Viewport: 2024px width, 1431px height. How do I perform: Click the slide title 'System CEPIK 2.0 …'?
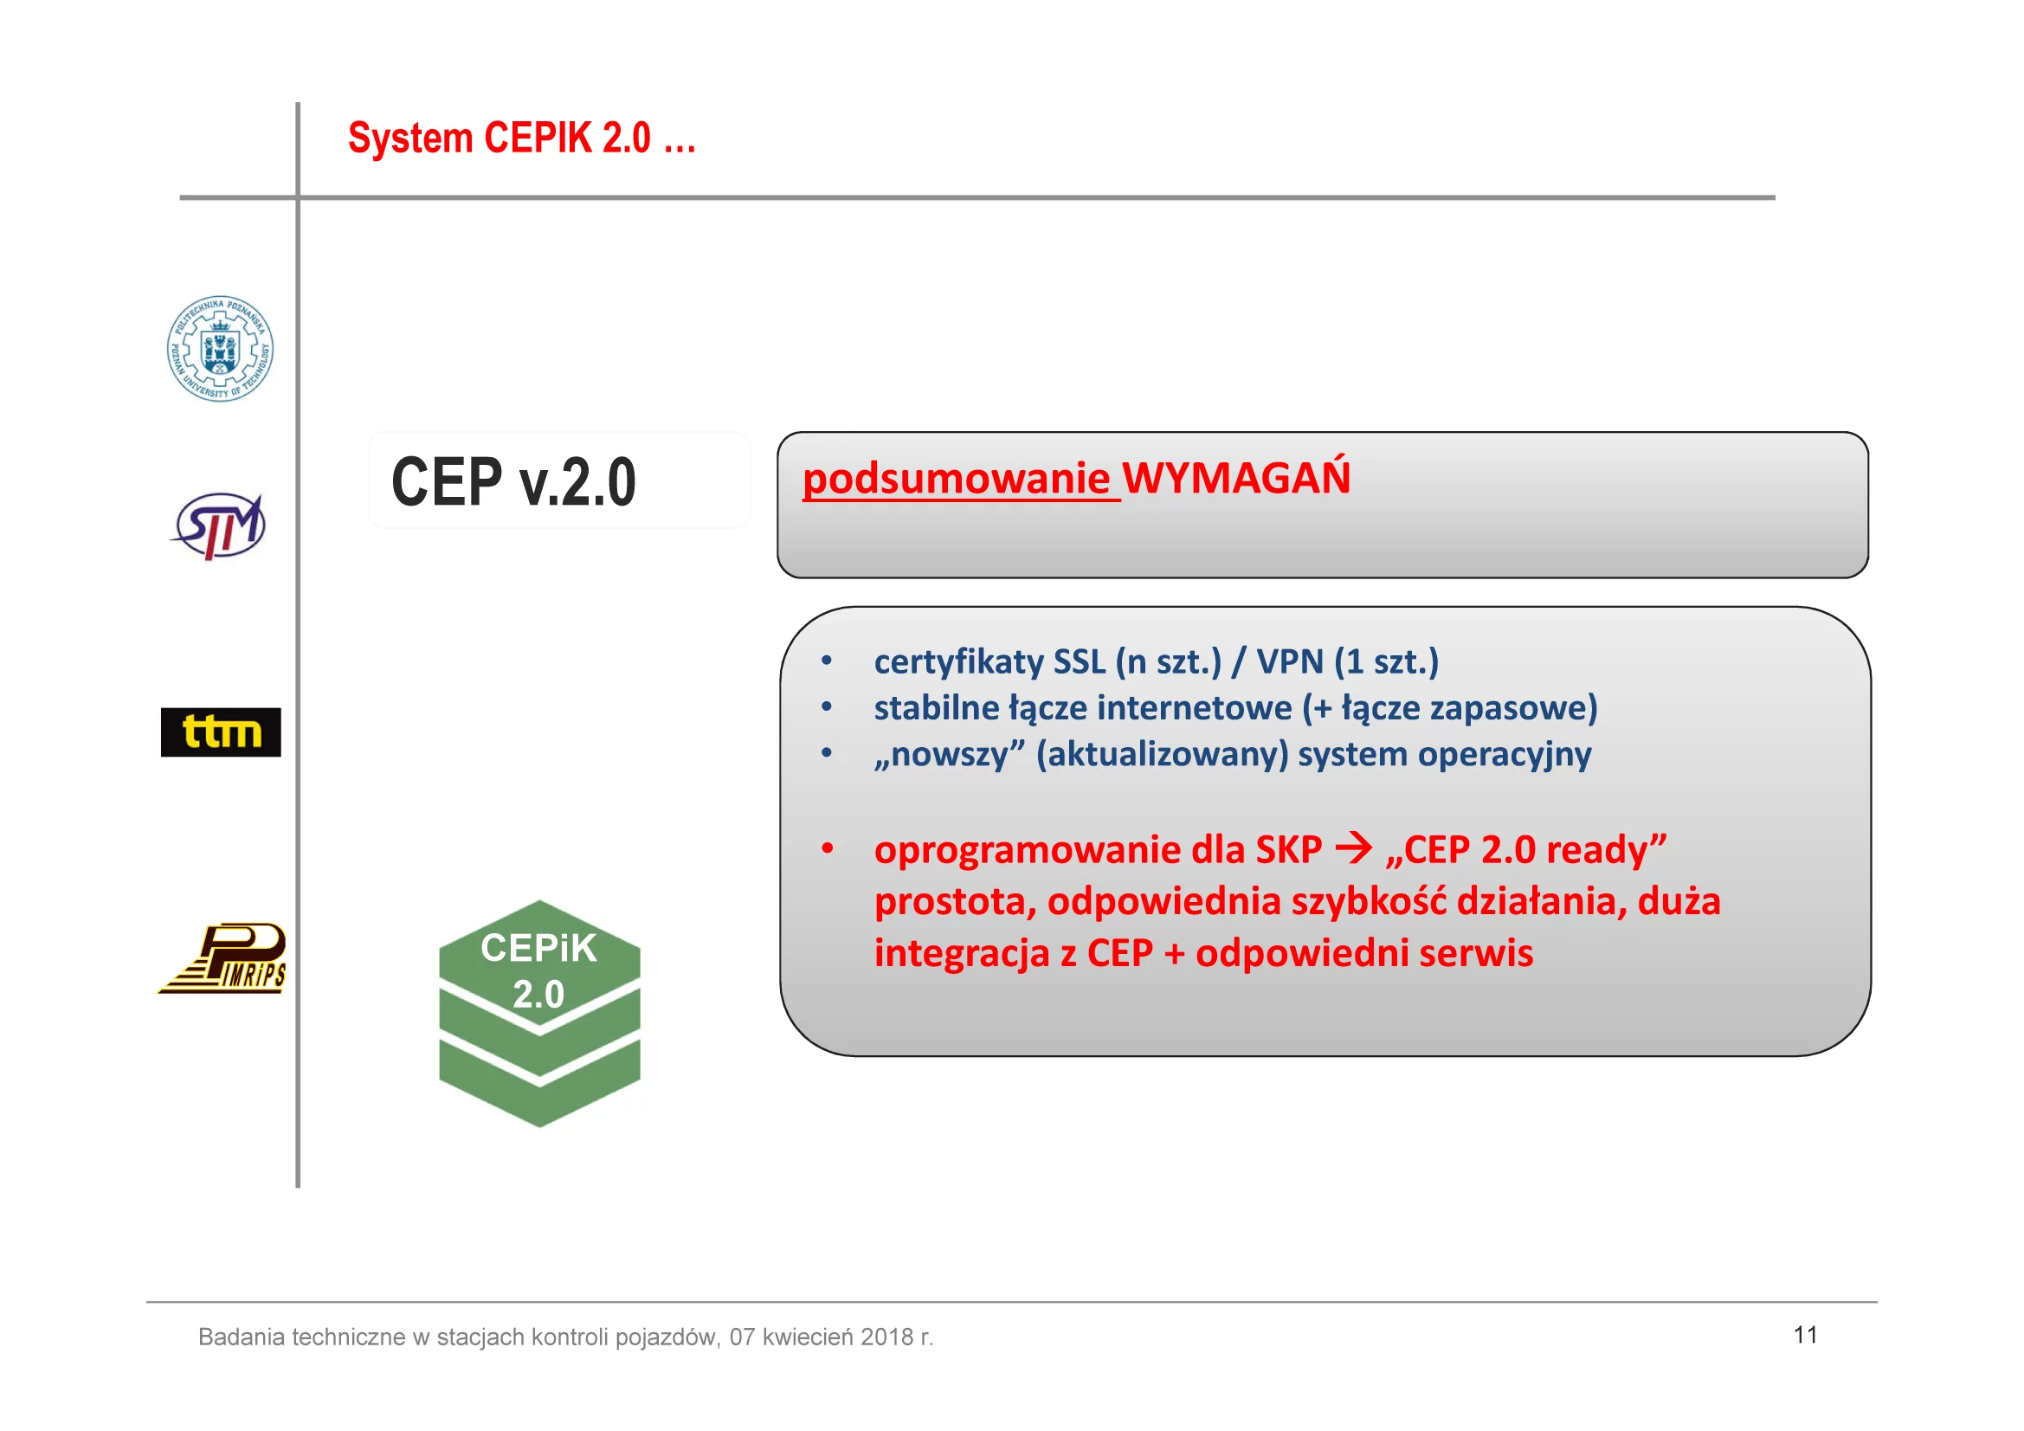522,139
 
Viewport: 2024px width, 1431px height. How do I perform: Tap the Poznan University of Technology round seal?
221,349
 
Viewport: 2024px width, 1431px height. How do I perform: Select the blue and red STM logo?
218,526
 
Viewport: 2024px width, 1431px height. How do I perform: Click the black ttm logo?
221,732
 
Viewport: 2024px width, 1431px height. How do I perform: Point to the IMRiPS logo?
222,958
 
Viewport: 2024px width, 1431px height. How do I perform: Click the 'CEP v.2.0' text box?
559,480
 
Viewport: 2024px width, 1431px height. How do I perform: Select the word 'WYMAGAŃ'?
1236,476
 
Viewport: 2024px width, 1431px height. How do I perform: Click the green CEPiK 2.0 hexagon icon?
539,1013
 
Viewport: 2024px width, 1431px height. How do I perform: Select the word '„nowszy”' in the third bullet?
950,754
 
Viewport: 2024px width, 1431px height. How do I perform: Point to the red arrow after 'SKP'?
1354,849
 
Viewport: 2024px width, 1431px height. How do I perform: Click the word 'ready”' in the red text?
1606,850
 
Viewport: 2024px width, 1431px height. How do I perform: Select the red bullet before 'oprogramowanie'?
827,848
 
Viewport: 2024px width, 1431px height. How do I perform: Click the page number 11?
1804,1335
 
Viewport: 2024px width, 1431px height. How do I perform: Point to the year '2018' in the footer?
886,1337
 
